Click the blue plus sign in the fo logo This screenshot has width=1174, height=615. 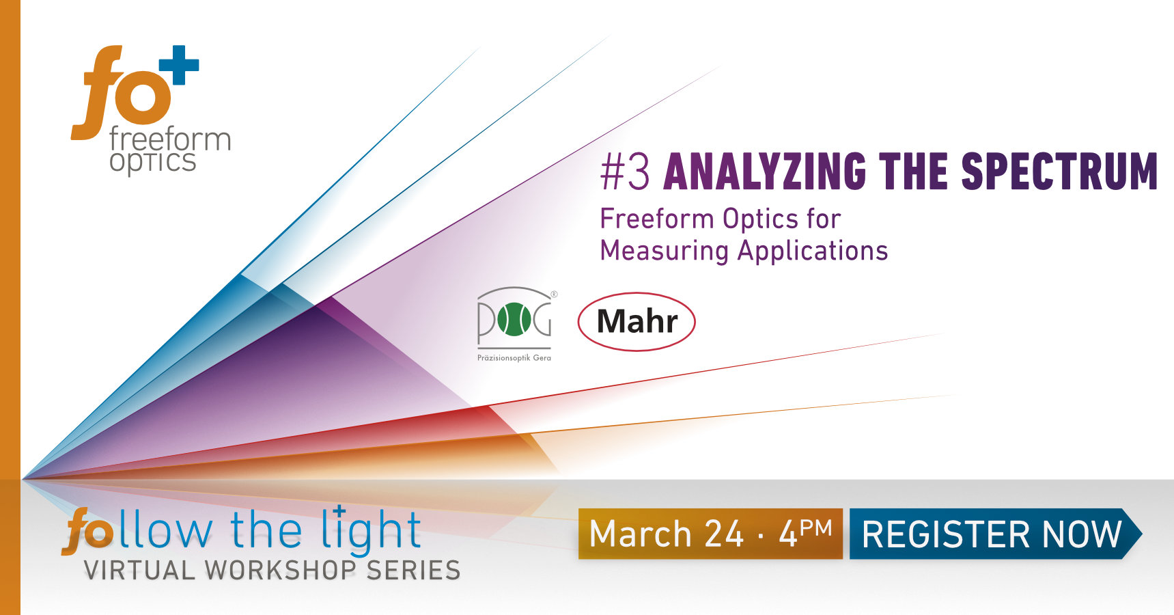pos(179,66)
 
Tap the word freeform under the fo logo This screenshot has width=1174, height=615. pos(170,139)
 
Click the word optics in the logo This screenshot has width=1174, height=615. pos(153,163)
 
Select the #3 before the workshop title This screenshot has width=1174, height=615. pos(624,172)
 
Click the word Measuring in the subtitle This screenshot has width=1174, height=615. pos(665,251)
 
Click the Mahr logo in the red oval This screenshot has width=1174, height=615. pos(637,322)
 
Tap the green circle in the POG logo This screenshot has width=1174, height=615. pos(514,320)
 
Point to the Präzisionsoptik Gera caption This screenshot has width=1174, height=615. pos(514,357)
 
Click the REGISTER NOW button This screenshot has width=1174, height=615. pos(992,534)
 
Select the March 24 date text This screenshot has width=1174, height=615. pos(666,534)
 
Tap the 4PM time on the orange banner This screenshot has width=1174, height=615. pos(805,533)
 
